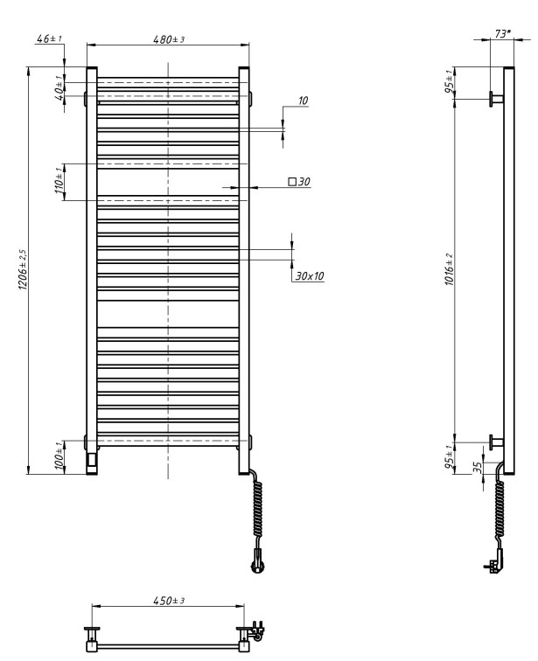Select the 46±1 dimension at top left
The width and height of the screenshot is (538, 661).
49,39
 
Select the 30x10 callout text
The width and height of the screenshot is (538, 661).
309,275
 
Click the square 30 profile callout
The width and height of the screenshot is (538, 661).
300,182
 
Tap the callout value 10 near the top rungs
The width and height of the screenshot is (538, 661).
303,101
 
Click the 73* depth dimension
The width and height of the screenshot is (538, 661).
502,34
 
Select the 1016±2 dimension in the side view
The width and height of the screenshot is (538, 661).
449,271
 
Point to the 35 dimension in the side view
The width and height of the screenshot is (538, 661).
478,468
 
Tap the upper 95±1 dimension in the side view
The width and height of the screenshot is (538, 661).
450,84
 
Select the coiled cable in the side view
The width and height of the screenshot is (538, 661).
500,511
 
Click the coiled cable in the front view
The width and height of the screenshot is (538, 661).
258,511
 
